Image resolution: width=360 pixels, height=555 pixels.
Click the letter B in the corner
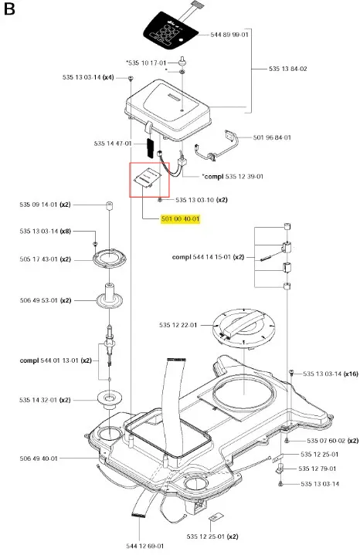[9, 8]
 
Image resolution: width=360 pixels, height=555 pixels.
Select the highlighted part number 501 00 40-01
[180, 219]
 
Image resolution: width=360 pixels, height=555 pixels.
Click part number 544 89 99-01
[229, 35]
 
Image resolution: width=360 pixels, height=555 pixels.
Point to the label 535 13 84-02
[287, 69]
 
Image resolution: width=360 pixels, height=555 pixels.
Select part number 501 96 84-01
[272, 137]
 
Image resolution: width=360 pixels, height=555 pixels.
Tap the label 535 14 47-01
[113, 144]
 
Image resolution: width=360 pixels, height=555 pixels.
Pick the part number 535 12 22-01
[178, 325]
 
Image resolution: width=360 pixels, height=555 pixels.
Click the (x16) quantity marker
[351, 374]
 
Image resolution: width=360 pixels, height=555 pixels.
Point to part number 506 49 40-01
[39, 459]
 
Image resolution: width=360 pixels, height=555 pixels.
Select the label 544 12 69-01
[145, 547]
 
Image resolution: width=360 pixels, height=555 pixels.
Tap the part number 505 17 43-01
[39, 259]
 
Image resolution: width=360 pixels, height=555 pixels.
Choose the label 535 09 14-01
[39, 205]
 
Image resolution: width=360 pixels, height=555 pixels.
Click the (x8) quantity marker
[65, 232]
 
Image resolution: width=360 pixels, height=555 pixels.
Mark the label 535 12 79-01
[318, 469]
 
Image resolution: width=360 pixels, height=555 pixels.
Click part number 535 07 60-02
[326, 441]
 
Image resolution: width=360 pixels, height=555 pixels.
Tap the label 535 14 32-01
[39, 400]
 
